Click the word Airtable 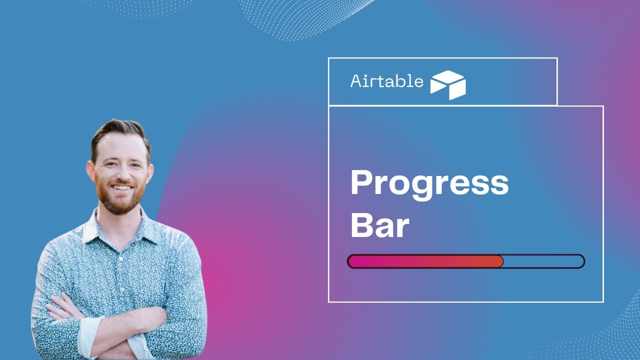[x=386, y=81]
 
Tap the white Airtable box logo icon [x=448, y=84]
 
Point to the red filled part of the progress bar [x=425, y=261]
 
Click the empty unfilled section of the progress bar [x=543, y=261]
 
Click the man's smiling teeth [x=122, y=187]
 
